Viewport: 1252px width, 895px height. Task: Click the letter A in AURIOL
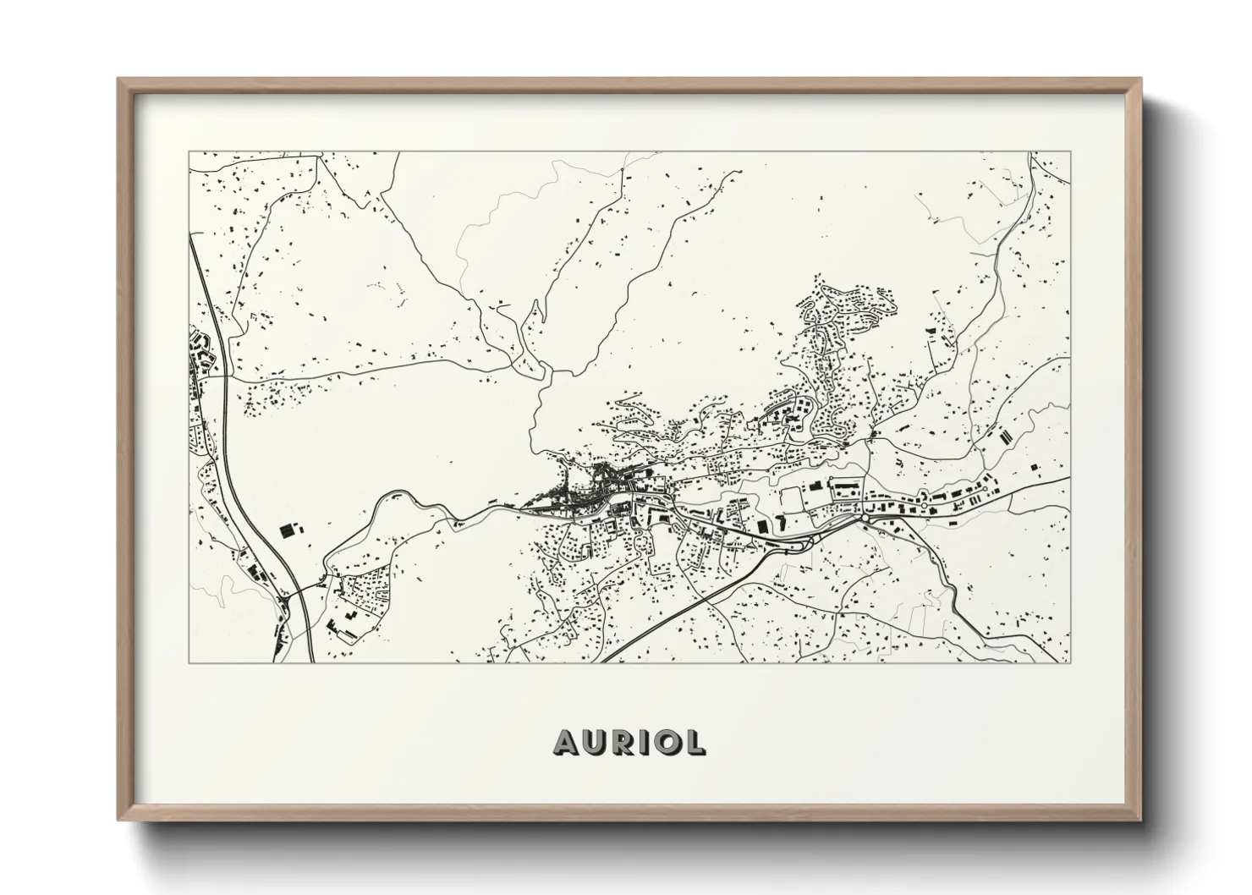566,742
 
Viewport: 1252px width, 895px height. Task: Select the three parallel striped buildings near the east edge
1006,437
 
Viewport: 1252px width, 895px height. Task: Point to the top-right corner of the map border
1070,152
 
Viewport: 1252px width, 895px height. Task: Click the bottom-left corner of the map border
189,662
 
